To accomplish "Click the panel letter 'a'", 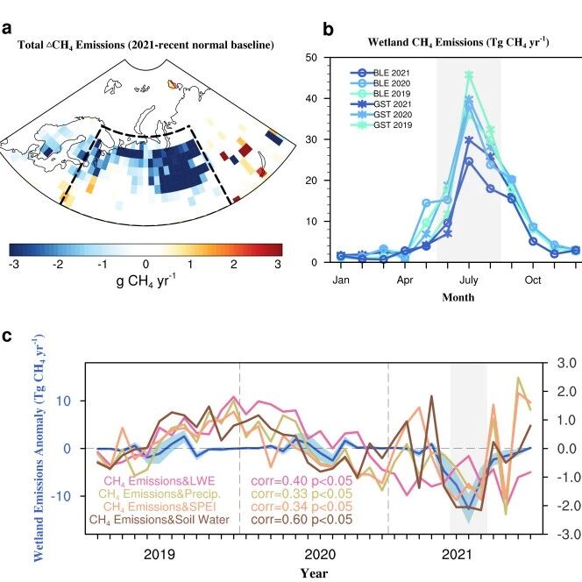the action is pyautogui.click(x=7, y=29).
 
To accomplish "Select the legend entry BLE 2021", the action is pyautogui.click(x=380, y=73).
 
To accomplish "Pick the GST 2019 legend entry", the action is pyautogui.click(x=381, y=125).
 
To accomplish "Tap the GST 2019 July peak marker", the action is pyautogui.click(x=469, y=75).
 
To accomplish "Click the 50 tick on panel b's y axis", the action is pyautogui.click(x=311, y=58).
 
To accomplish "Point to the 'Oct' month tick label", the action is pyautogui.click(x=533, y=280).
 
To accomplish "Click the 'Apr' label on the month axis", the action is pyautogui.click(x=405, y=280).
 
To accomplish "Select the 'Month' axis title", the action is pyautogui.click(x=458, y=297).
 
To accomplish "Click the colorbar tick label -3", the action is pyautogui.click(x=13, y=265).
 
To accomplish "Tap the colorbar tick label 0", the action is pyautogui.click(x=145, y=265).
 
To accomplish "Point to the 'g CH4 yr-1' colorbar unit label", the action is pyautogui.click(x=145, y=280).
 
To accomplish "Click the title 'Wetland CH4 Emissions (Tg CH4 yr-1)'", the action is pyautogui.click(x=458, y=42).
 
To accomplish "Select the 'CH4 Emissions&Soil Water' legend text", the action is pyautogui.click(x=160, y=520).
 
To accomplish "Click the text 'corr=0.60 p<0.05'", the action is pyautogui.click(x=302, y=520).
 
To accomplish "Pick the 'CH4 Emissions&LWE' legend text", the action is pyautogui.click(x=160, y=481).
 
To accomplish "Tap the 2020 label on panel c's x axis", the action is pyautogui.click(x=320, y=555).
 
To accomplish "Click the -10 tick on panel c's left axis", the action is pyautogui.click(x=60, y=496).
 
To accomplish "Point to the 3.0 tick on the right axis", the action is pyautogui.click(x=566, y=363).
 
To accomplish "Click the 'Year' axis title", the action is pyautogui.click(x=314, y=573).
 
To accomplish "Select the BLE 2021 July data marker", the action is pyautogui.click(x=469, y=161).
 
